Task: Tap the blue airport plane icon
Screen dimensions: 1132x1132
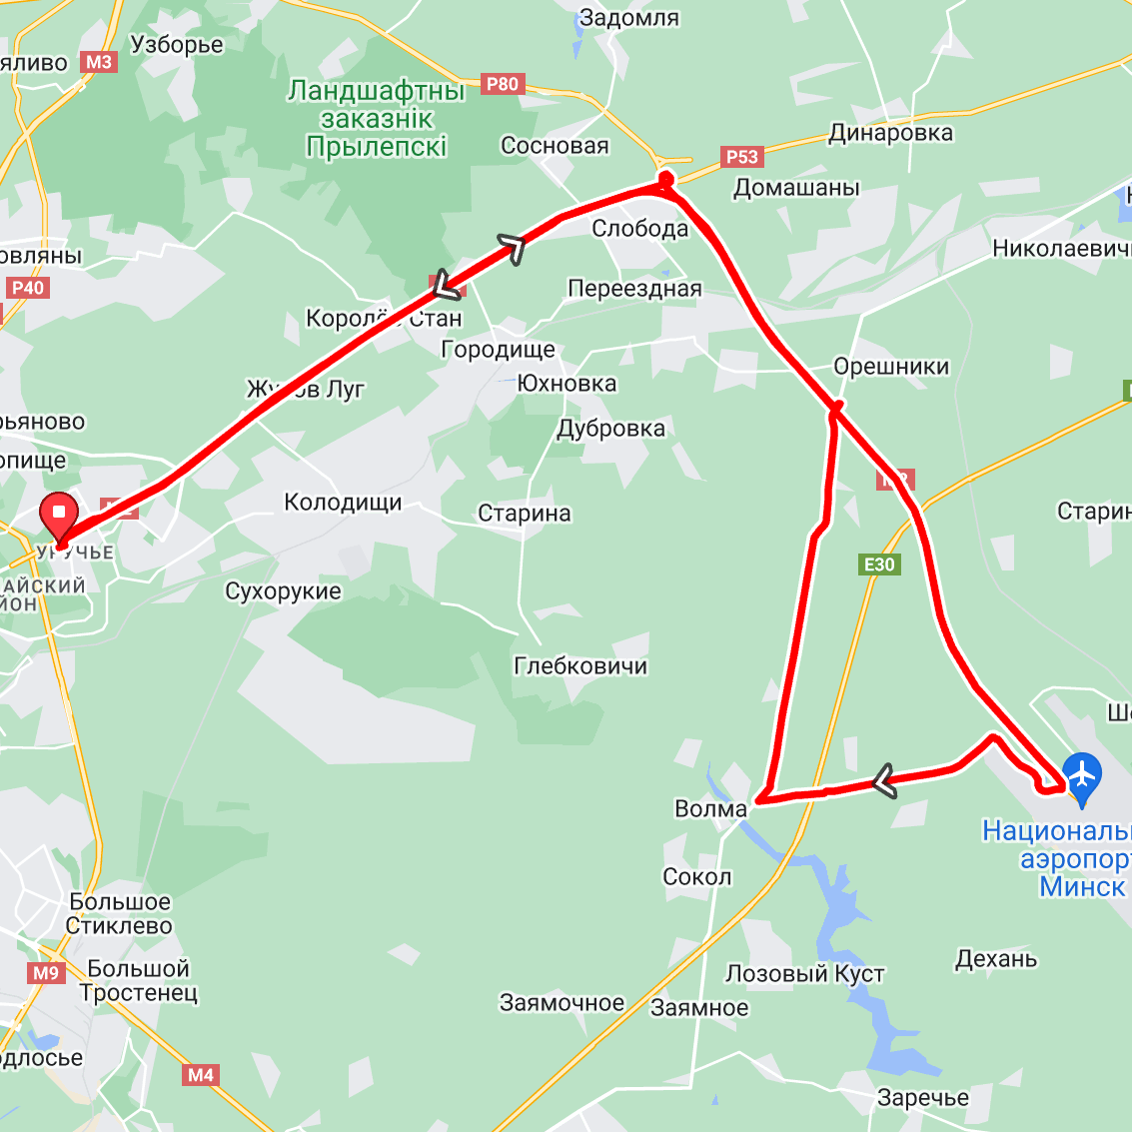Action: pyautogui.click(x=1081, y=775)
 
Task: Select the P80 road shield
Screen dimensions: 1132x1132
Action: pyautogui.click(x=502, y=84)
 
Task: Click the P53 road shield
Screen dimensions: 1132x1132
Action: pyautogui.click(x=742, y=156)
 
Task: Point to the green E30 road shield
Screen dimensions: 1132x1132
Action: pyautogui.click(x=879, y=565)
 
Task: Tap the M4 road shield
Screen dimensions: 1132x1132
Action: pyautogui.click(x=200, y=1075)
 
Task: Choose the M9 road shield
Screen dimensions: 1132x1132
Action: pyautogui.click(x=46, y=972)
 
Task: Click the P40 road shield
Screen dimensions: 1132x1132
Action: pyautogui.click(x=28, y=288)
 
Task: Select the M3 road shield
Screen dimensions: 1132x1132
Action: pyautogui.click(x=99, y=62)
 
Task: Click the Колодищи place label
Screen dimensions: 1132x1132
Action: pyautogui.click(x=343, y=503)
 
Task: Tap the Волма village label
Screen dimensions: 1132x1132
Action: pyautogui.click(x=710, y=808)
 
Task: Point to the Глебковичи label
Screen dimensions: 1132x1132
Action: pyautogui.click(x=580, y=665)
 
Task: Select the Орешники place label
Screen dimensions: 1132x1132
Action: pyautogui.click(x=891, y=367)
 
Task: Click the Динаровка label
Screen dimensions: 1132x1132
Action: pyautogui.click(x=890, y=133)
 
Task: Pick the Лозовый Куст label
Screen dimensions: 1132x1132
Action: pyautogui.click(x=804, y=973)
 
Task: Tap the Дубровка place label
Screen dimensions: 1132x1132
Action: pyautogui.click(x=610, y=429)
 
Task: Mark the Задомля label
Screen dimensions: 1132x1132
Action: pyautogui.click(x=629, y=18)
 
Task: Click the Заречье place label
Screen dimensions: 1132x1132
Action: pyautogui.click(x=922, y=1098)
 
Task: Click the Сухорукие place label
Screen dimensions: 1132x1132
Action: pyautogui.click(x=283, y=591)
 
